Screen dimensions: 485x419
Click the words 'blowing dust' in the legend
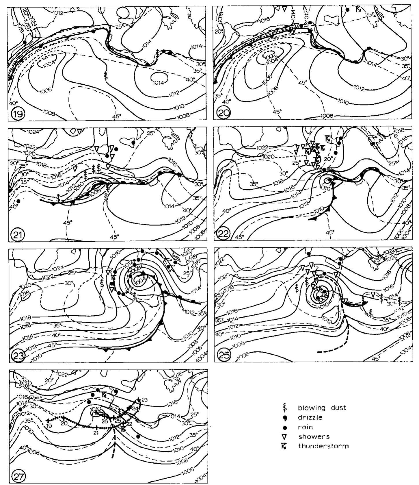(322, 408)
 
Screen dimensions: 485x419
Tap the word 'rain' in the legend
(305, 427)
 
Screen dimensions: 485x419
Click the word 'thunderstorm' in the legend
(323, 446)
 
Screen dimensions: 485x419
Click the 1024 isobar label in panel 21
(32, 132)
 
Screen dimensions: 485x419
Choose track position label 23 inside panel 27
(145, 400)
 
